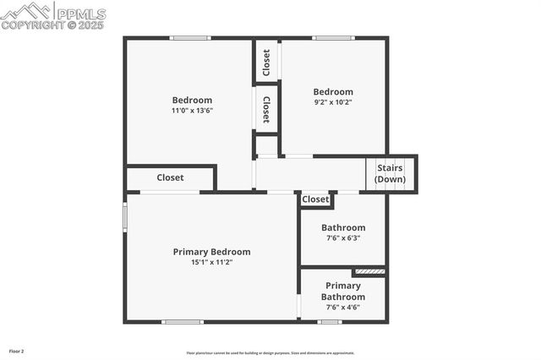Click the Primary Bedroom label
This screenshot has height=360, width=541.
coord(211,252)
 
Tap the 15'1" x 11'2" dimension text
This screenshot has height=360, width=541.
coord(211,263)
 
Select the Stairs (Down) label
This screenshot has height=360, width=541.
coord(390,173)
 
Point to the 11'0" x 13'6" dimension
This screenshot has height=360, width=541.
coord(192,111)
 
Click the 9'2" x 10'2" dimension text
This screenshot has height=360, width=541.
coord(333,103)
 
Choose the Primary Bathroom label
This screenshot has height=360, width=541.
coord(343,292)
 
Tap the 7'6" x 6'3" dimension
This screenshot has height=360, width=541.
coord(343,238)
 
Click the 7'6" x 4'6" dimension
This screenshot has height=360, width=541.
coord(343,308)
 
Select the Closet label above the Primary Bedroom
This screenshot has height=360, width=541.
coord(170,178)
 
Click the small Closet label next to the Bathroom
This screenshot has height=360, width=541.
coord(315,199)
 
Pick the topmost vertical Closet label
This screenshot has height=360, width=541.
coord(266,61)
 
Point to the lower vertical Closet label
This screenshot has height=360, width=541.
coord(266,108)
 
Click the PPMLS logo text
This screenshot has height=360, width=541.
coord(80,14)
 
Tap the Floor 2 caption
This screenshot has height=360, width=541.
coord(17,351)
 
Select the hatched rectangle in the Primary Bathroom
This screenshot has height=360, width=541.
coord(369,272)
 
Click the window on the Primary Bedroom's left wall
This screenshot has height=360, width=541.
coord(126,215)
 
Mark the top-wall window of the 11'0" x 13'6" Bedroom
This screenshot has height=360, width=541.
coord(189,38)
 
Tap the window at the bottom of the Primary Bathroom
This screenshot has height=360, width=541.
coord(330,321)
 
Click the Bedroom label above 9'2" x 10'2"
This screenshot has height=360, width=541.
coord(333,92)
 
